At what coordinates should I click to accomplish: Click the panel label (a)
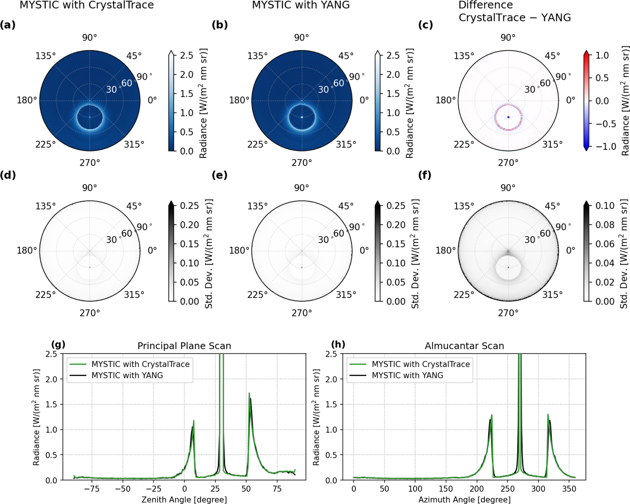8,25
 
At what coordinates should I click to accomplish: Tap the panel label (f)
425,175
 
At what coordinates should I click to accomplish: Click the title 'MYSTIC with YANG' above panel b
301,5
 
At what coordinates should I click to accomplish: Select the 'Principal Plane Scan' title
184,346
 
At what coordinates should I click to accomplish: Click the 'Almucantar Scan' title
464,346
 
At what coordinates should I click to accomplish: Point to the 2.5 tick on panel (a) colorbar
187,55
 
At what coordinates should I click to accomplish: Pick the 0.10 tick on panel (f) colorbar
605,206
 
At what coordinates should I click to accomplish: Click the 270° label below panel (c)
508,163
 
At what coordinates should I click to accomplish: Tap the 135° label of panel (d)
45,206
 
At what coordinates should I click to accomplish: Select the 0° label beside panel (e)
364,250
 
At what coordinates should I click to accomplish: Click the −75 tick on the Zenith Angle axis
92,489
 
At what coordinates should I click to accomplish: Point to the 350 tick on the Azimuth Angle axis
569,489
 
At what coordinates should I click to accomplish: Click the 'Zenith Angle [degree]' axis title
184,500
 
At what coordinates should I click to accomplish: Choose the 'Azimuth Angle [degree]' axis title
464,500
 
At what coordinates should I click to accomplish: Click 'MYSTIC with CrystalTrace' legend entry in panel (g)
141,364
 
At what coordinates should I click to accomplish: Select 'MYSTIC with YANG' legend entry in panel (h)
407,375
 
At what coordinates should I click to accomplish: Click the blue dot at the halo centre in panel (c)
508,117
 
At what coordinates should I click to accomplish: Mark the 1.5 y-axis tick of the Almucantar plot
331,404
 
